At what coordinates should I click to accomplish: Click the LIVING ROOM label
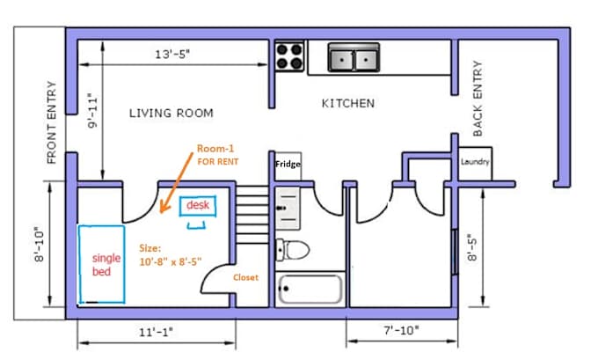(x=171, y=114)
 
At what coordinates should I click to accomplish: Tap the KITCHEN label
(x=347, y=103)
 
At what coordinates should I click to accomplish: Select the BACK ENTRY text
(x=478, y=98)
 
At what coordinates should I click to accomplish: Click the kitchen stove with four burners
(x=289, y=56)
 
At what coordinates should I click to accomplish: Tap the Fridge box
(x=288, y=165)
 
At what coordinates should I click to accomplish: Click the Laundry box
(x=475, y=163)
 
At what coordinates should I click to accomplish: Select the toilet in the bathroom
(x=291, y=249)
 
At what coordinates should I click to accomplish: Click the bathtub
(x=310, y=289)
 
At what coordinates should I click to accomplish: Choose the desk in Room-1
(x=195, y=206)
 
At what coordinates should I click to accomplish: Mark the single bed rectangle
(x=104, y=264)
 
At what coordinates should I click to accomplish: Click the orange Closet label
(x=245, y=277)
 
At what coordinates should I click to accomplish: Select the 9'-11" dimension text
(x=92, y=112)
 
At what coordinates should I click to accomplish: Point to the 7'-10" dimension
(x=401, y=331)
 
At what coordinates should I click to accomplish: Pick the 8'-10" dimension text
(x=38, y=247)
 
